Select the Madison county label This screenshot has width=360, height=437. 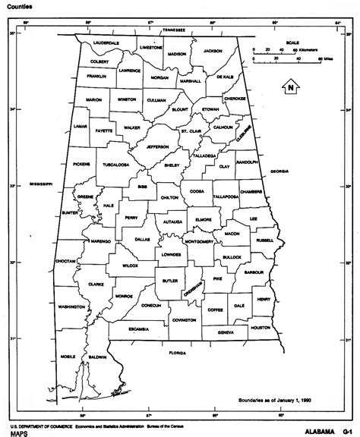click(x=177, y=55)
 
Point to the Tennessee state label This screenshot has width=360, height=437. click(x=175, y=30)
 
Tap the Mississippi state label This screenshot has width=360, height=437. click(x=41, y=184)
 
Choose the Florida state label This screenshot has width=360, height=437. click(x=177, y=353)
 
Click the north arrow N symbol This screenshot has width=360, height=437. click(x=289, y=87)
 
